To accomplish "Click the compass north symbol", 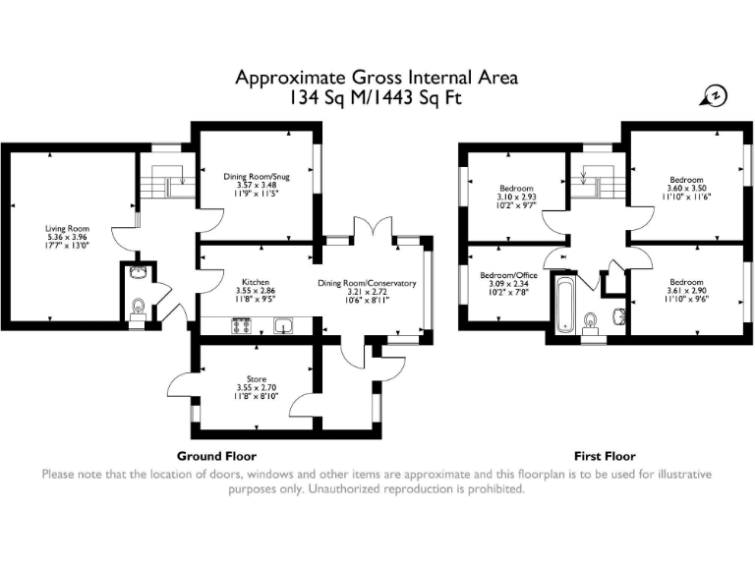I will point(716,95).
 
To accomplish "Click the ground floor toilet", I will point(139,308).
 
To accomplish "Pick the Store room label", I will point(258,377).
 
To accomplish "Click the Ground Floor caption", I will point(216,456).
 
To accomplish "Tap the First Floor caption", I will point(605,456).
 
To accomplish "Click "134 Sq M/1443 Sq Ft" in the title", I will point(377,98).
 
